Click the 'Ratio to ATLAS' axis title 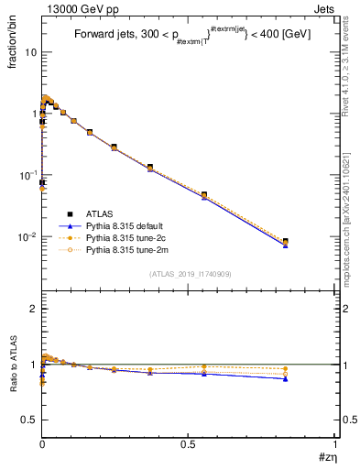click(13, 366)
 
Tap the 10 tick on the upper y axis click(30, 52)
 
